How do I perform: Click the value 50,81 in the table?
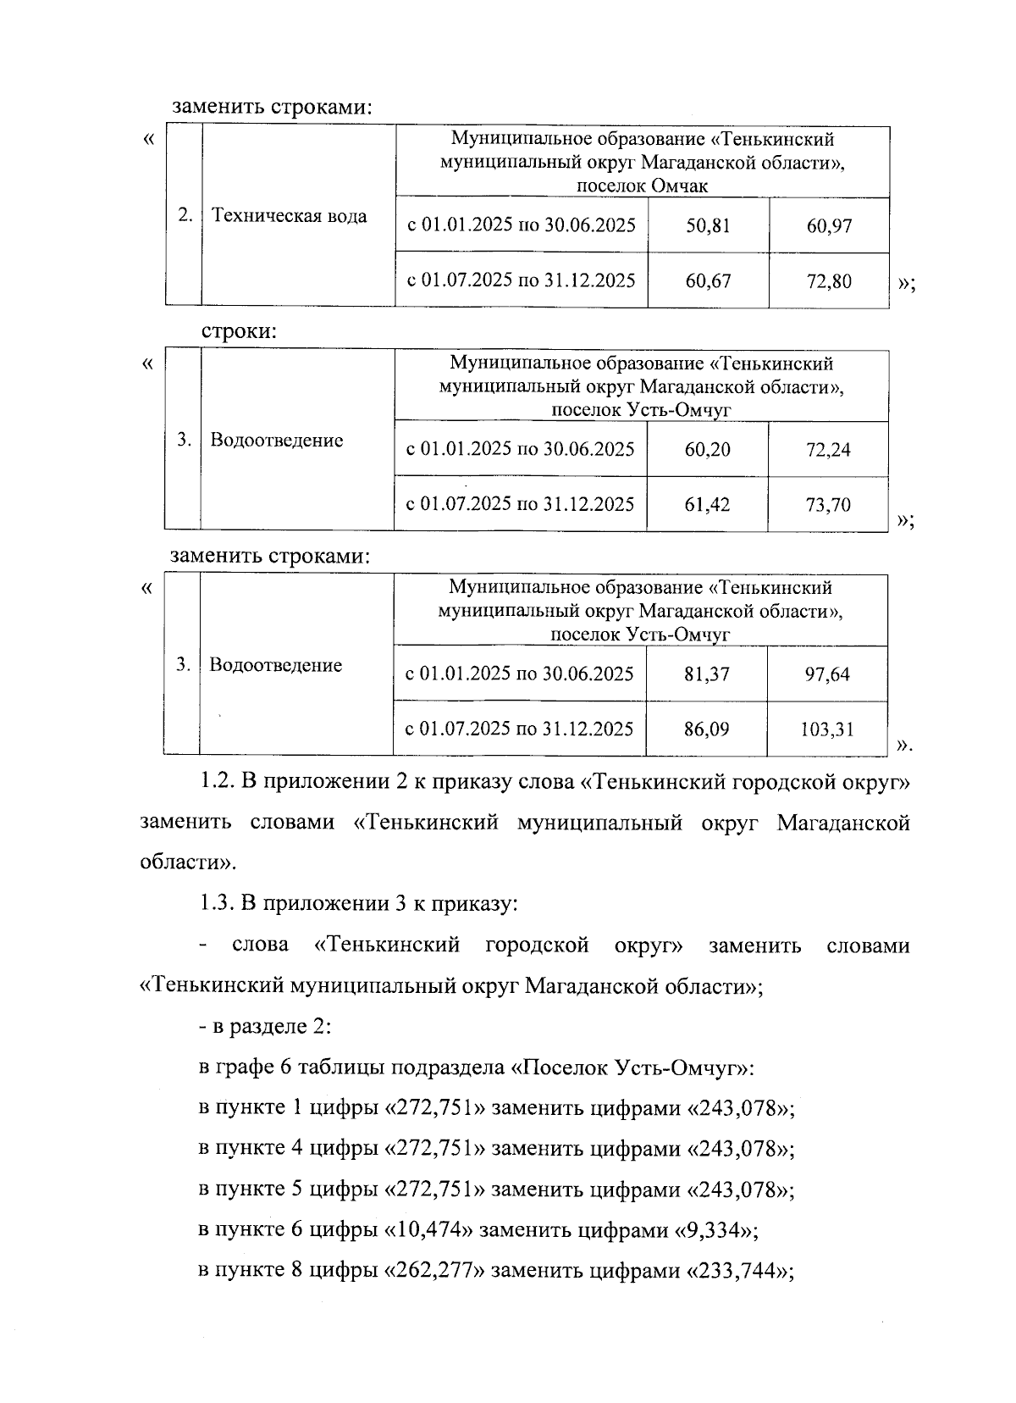(x=708, y=226)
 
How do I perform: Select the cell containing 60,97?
(x=828, y=226)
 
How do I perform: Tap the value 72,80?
(x=828, y=280)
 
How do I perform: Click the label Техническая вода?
(x=289, y=216)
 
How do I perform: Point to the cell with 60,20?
(x=707, y=450)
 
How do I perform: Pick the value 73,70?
(x=828, y=505)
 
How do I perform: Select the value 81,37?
(x=707, y=674)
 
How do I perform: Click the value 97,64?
(x=827, y=674)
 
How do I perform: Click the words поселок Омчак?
(x=643, y=186)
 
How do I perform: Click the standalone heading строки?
(x=239, y=332)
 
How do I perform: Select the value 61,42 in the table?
(x=707, y=505)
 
